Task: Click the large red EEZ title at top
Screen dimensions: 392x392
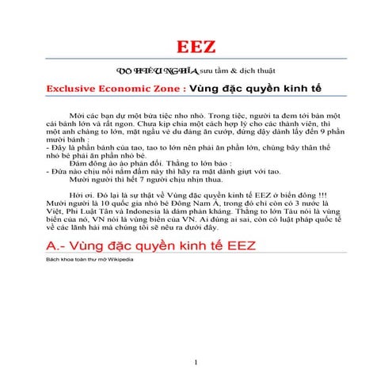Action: pos(196,45)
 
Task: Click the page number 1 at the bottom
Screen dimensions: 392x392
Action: pos(196,363)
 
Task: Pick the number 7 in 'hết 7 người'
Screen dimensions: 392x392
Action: pos(119,178)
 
